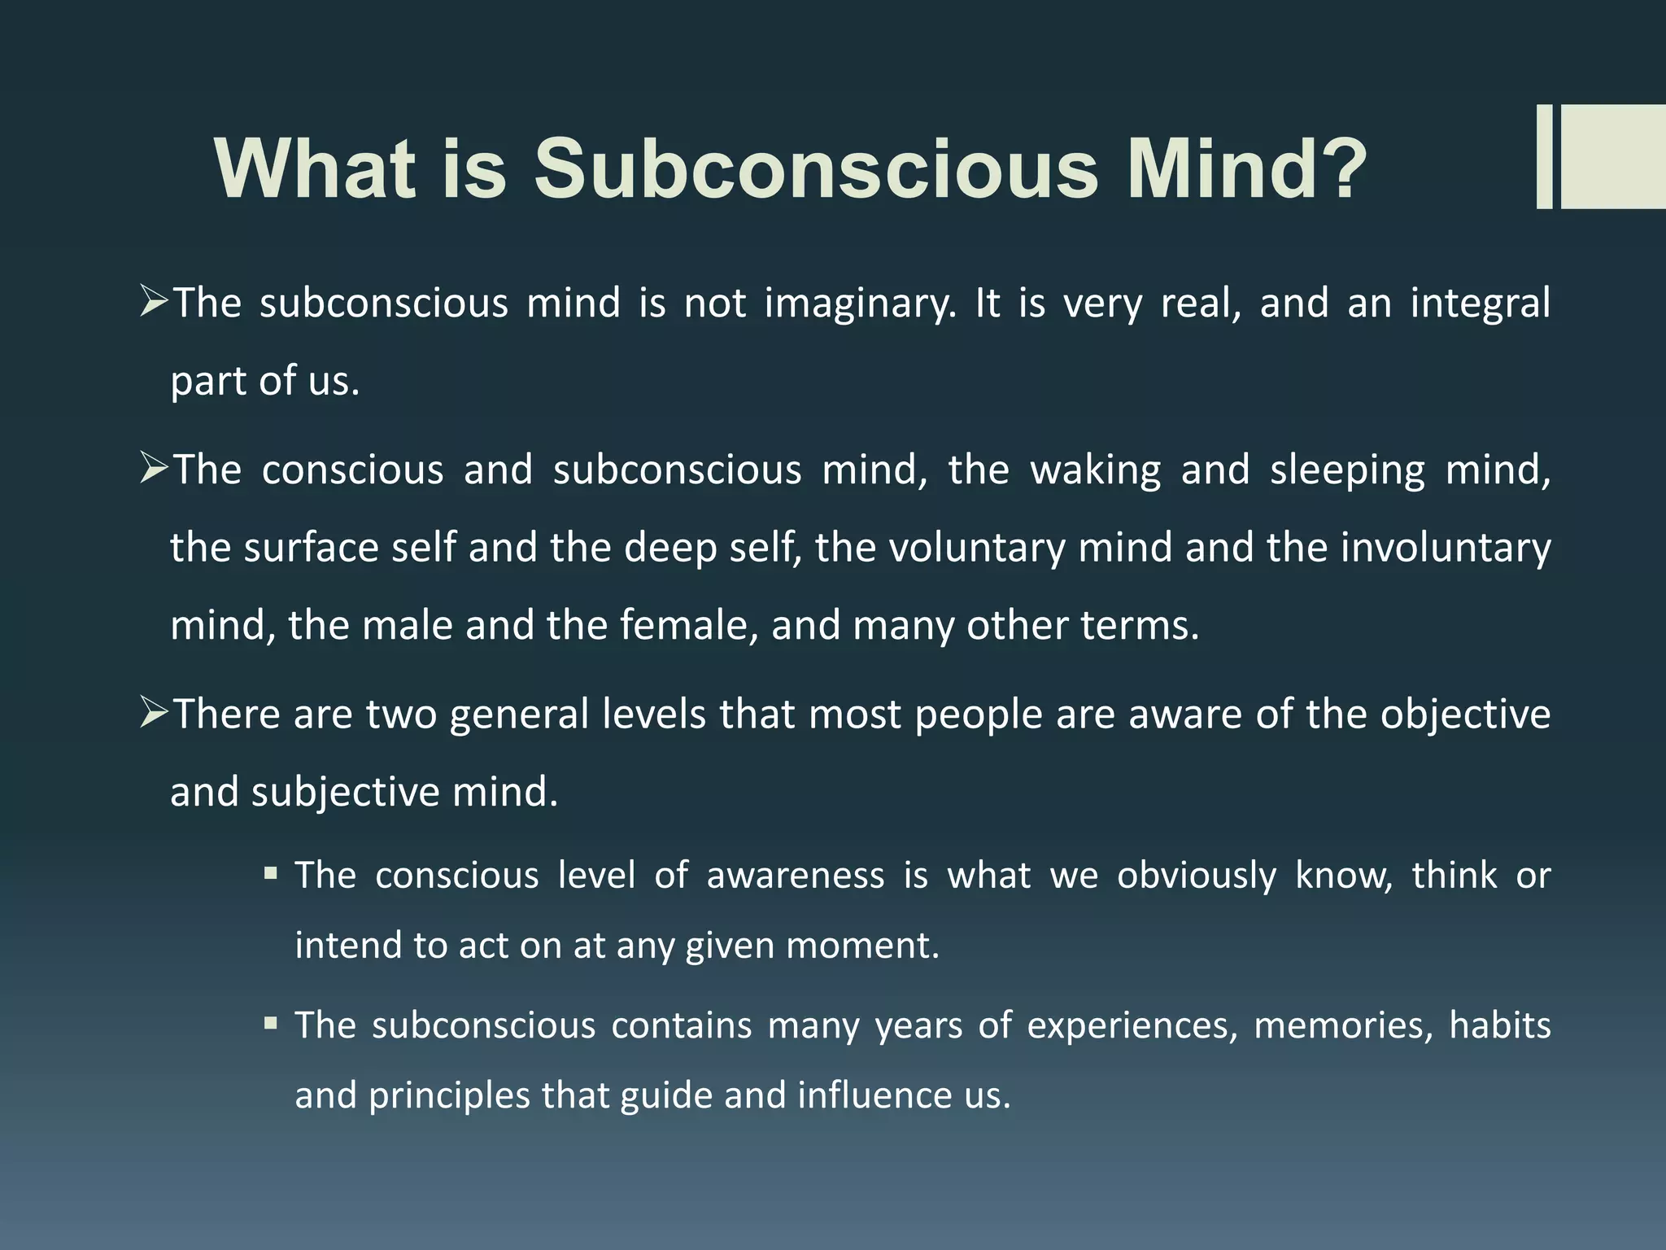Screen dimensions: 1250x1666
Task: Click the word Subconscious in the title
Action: [x=816, y=168]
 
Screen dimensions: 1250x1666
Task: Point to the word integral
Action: [x=1480, y=304]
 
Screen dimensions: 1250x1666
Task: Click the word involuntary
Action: [x=1446, y=549]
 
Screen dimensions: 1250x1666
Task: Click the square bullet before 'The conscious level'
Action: [x=271, y=875]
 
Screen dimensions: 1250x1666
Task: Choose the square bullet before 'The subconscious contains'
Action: [x=271, y=1024]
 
